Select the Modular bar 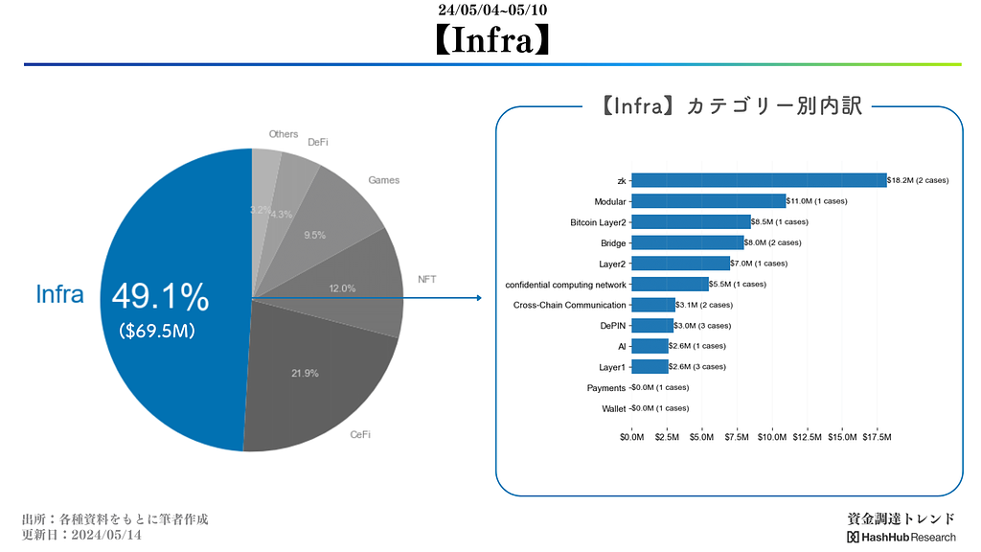click(708, 201)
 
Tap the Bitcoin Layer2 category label click(598, 222)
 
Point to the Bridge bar click(687, 242)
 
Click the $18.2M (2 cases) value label click(918, 180)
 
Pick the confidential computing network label click(565, 285)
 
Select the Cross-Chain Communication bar click(653, 305)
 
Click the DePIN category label click(612, 326)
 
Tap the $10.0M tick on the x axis click(772, 438)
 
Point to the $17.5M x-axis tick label click(877, 438)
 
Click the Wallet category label click(613, 408)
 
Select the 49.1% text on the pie click(160, 298)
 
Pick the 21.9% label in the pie click(305, 373)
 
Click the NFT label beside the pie click(428, 280)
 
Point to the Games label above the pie click(383, 180)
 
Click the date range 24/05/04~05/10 click(492, 11)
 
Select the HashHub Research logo click(901, 537)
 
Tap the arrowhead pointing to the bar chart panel click(477, 298)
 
